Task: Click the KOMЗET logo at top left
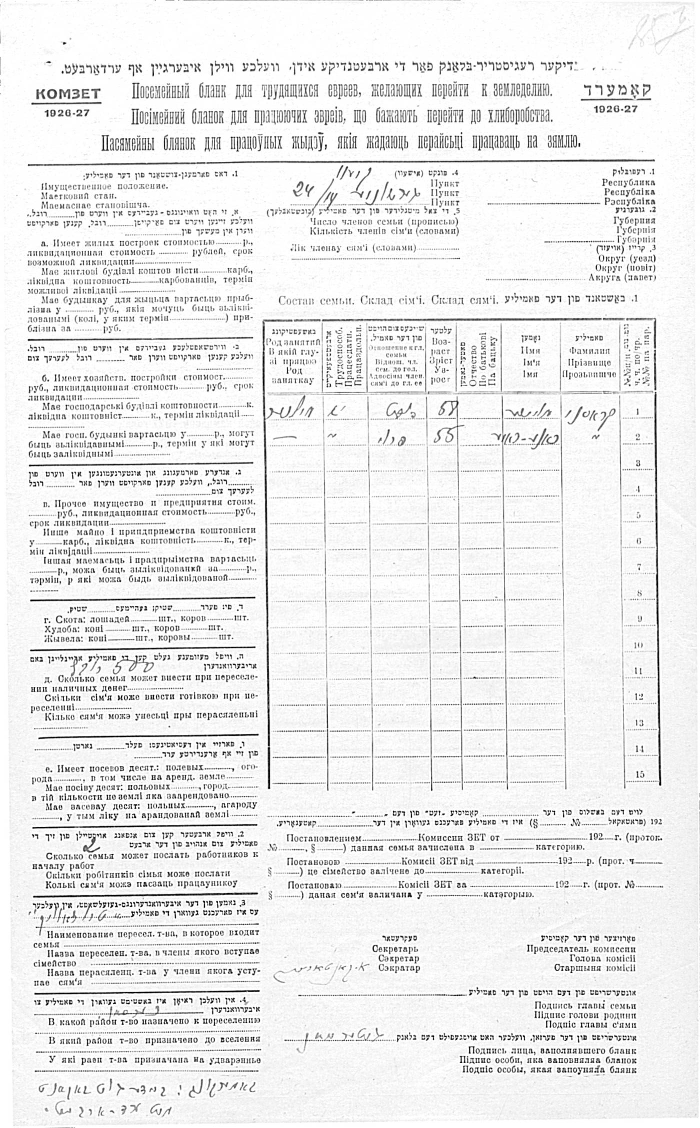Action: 67,94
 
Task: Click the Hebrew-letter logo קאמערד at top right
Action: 616,90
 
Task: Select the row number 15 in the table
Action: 638,774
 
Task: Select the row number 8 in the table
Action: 638,593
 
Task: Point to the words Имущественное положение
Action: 104,186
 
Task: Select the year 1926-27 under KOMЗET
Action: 67,113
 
